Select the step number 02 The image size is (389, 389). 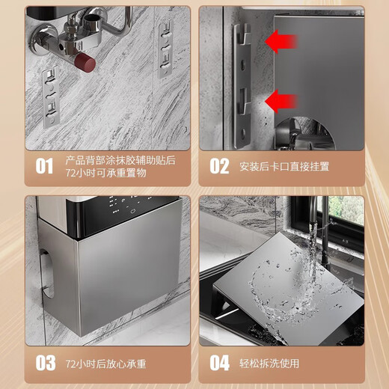coord(218,165)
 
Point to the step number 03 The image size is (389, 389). coord(46,364)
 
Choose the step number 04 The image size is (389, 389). coord(219,364)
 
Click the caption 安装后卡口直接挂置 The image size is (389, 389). coord(284,166)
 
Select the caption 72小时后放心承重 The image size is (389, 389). coord(105,364)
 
